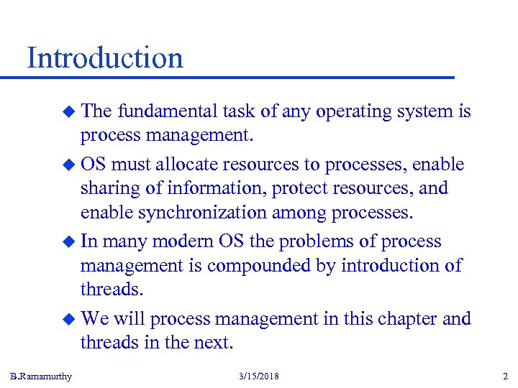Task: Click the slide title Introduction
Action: pos(105,57)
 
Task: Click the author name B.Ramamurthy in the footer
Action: pos(41,377)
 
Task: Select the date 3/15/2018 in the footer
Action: pos(258,377)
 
